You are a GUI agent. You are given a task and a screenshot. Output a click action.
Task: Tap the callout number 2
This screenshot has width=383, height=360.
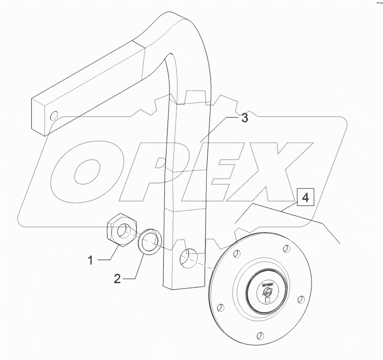click(x=117, y=279)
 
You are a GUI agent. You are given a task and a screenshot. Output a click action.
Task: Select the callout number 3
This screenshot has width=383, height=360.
click(x=244, y=119)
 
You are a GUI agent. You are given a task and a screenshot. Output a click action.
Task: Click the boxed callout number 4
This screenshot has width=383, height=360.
click(x=305, y=198)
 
